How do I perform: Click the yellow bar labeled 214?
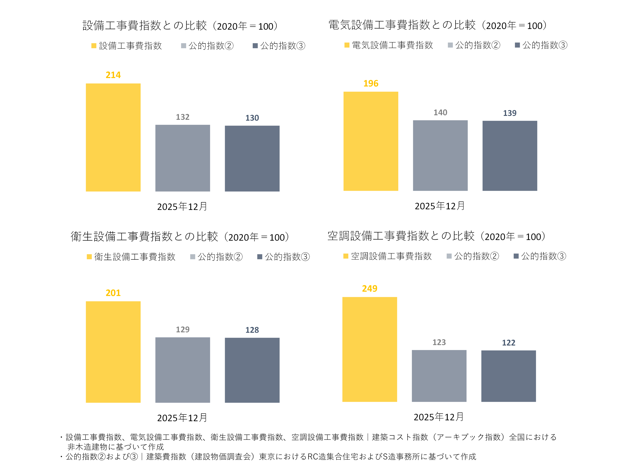pyautogui.click(x=113, y=137)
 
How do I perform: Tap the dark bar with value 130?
pyautogui.click(x=252, y=158)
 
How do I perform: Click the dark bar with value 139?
pyautogui.click(x=509, y=156)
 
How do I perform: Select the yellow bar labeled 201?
pyautogui.click(x=113, y=352)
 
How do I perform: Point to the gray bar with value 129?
pyautogui.click(x=182, y=370)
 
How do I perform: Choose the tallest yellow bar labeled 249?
pyautogui.click(x=370, y=349)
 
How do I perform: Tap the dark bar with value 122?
pyautogui.click(x=508, y=376)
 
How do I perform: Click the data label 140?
pyautogui.click(x=440, y=113)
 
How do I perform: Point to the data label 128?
pyautogui.click(x=252, y=330)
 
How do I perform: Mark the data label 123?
pyautogui.click(x=439, y=342)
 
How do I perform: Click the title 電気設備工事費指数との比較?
pyautogui.click(x=402, y=25)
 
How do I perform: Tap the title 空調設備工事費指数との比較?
pyautogui.click(x=401, y=236)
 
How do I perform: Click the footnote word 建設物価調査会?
pyautogui.click(x=223, y=457)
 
